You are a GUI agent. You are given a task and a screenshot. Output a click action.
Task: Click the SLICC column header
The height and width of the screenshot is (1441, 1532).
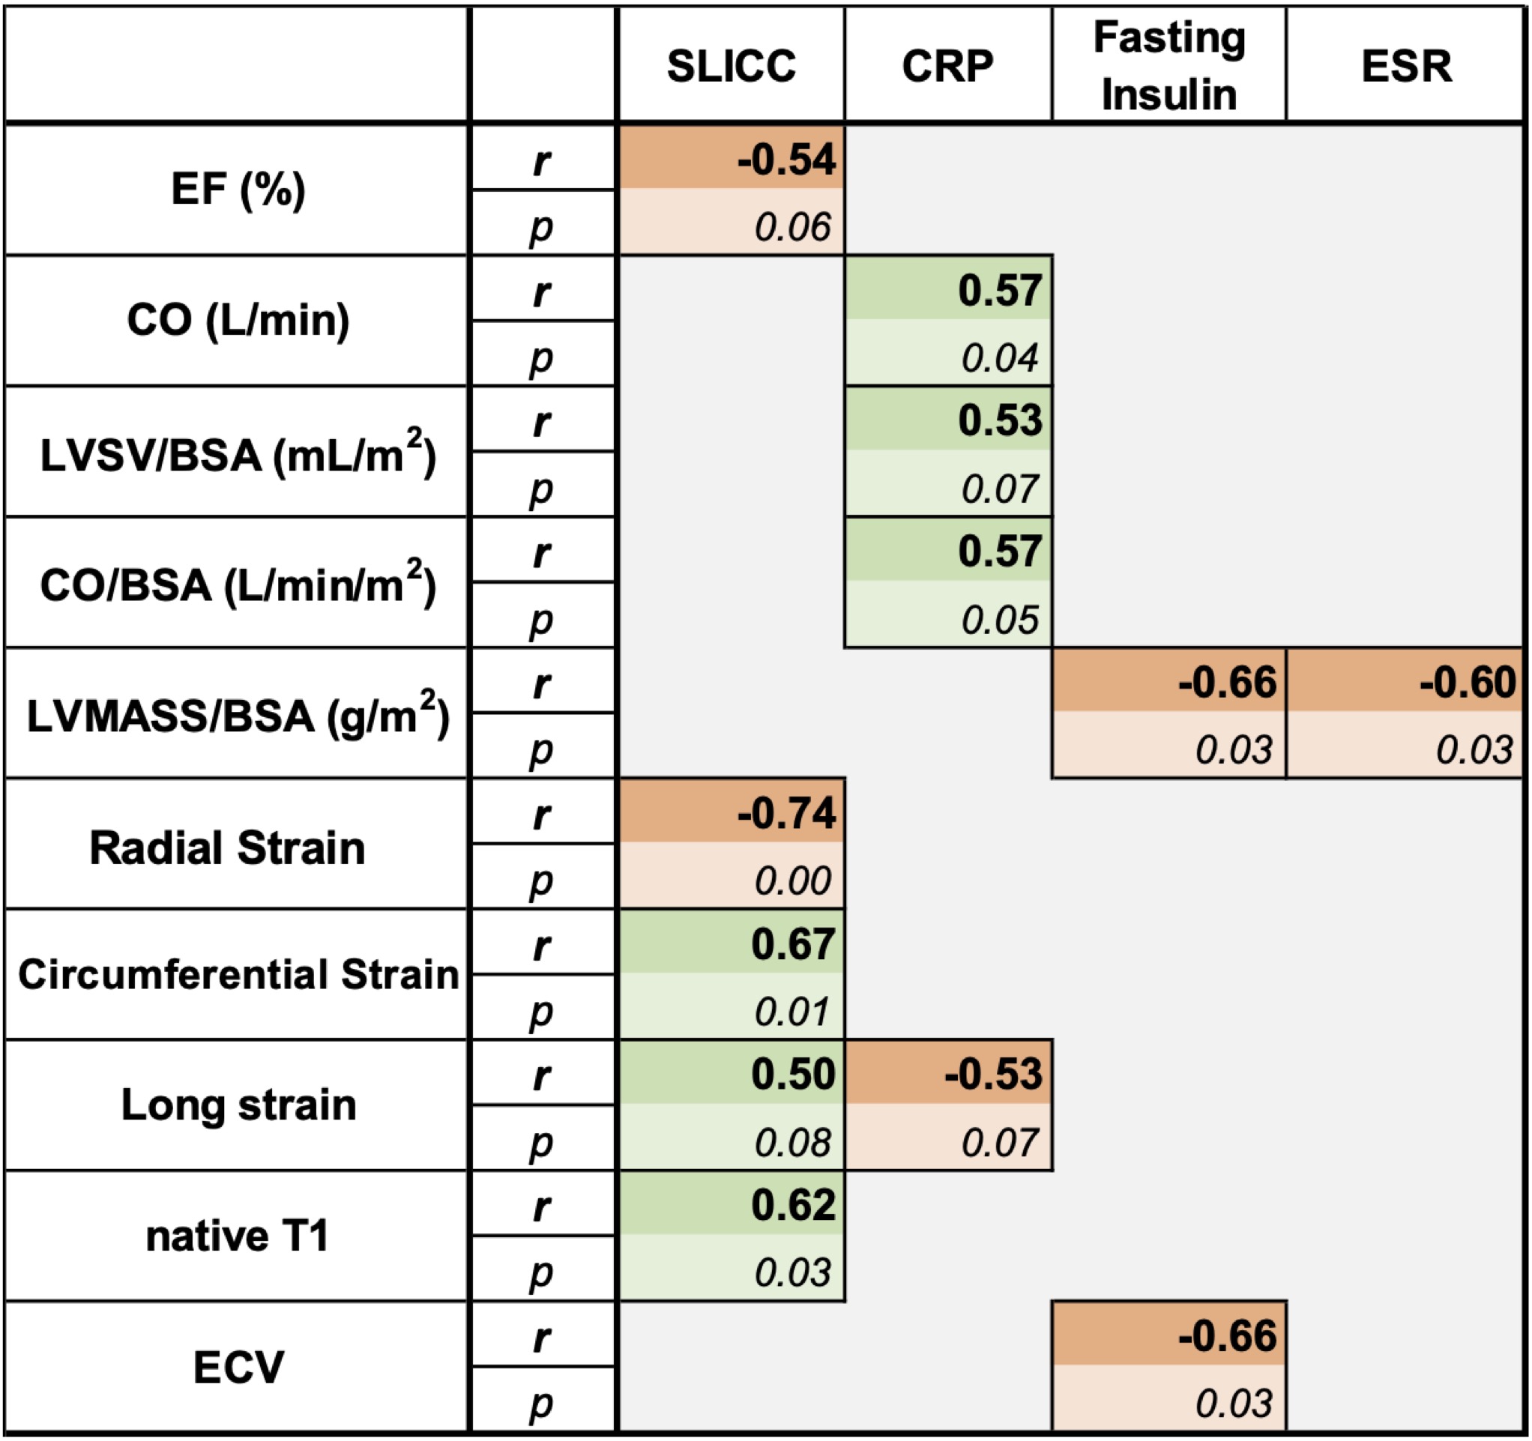coord(731,66)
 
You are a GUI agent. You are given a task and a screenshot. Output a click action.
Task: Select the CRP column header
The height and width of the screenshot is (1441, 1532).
coord(947,66)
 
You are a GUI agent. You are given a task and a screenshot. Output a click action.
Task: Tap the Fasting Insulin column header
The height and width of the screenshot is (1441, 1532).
coord(1168,66)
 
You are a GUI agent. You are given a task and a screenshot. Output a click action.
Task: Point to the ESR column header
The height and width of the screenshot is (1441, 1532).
coord(1405,66)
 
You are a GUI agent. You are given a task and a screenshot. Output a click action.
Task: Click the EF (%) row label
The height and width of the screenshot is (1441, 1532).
coord(238,189)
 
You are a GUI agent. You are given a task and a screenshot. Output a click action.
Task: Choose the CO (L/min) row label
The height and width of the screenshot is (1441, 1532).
coord(238,320)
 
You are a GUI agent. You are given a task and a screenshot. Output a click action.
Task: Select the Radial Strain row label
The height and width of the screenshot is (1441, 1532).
coord(227,848)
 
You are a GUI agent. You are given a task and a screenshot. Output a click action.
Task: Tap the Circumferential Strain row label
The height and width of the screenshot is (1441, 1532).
coord(238,974)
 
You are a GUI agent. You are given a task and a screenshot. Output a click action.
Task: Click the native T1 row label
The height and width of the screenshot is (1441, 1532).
coord(238,1236)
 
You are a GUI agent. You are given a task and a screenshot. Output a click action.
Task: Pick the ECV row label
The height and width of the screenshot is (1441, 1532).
coord(238,1367)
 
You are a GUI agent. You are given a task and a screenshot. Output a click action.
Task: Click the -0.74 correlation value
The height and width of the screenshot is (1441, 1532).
coord(786,814)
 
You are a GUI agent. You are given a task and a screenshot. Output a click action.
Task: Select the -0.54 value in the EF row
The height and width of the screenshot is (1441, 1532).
coord(786,160)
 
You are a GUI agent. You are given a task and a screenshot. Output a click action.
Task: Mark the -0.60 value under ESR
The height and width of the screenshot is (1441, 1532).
coord(1468,683)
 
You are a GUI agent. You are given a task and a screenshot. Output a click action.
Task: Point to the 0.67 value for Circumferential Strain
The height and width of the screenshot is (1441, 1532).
coord(792,945)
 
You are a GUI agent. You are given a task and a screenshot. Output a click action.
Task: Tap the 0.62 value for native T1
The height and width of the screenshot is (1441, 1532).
coord(792,1205)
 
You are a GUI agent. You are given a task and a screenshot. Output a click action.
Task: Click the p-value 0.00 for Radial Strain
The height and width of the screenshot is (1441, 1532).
coord(792,880)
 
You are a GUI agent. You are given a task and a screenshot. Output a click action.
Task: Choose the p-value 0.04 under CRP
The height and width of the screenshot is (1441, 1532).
coord(1000,358)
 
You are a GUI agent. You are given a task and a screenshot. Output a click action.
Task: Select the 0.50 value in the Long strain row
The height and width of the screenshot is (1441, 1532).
coord(792,1075)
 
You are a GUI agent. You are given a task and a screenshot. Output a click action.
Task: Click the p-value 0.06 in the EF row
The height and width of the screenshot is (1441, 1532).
coord(792,227)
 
